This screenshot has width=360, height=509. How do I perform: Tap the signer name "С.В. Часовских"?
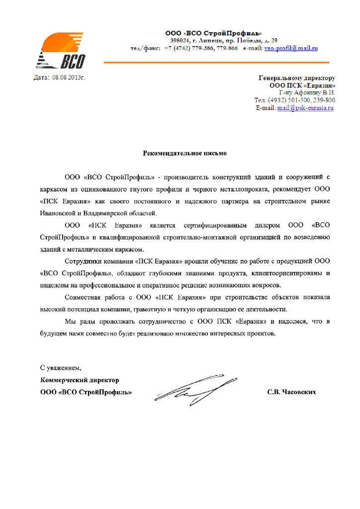(x=291, y=392)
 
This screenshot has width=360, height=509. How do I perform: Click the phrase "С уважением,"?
(x=60, y=368)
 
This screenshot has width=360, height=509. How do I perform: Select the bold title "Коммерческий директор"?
(x=80, y=380)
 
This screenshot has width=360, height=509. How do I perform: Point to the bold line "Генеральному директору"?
(x=297, y=78)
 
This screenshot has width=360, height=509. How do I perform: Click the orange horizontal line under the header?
(x=224, y=62)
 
